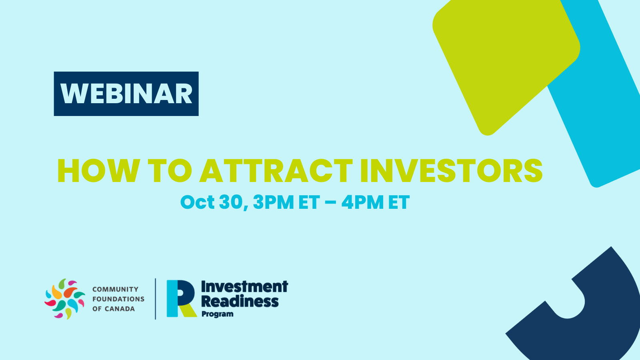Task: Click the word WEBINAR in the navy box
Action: coord(126,94)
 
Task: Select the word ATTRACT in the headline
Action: coord(276,170)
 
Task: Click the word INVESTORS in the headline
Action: coord(452,170)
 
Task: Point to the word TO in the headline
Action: coord(170,170)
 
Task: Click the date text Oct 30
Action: coord(214,202)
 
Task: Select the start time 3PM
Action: coord(274,202)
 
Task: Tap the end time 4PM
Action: coord(362,202)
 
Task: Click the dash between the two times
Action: coord(330,203)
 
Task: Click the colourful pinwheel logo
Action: coord(65,299)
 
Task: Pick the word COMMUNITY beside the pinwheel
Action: coord(116,290)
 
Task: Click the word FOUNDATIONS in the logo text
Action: coord(118,299)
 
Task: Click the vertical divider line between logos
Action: coord(156,299)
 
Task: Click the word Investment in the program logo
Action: coord(244,286)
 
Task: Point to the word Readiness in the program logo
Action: coord(240,301)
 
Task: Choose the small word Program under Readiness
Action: coord(218,314)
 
